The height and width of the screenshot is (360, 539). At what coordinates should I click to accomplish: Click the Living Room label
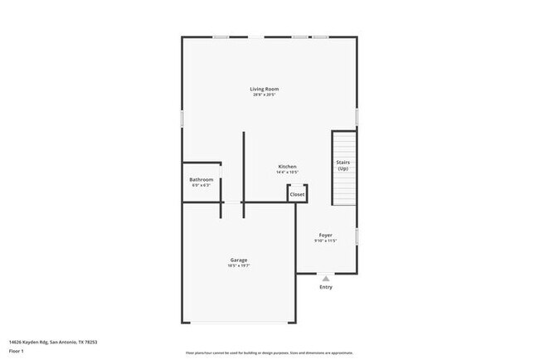tap(265, 89)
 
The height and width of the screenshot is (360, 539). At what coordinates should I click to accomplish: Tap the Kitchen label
tap(287, 167)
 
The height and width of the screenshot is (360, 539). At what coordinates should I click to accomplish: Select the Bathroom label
tap(202, 180)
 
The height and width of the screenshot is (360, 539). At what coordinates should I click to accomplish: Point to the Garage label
tap(239, 260)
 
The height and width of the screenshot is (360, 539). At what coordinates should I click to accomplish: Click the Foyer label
tap(326, 235)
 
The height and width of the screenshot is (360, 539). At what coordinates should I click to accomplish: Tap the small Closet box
tap(297, 194)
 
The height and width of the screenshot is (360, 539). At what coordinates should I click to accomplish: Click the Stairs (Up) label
tap(342, 164)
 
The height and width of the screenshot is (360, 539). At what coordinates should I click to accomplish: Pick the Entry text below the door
tap(326, 287)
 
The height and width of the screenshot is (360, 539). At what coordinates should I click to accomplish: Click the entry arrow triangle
tap(326, 279)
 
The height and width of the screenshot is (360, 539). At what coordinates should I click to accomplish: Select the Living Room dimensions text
tap(265, 95)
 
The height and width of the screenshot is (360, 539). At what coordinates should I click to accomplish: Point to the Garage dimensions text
tap(239, 266)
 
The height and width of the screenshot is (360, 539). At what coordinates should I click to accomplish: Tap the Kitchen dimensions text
tap(287, 173)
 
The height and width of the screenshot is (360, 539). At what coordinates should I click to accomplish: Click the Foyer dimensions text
tap(326, 241)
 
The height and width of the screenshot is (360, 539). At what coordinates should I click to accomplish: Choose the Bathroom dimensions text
tap(202, 186)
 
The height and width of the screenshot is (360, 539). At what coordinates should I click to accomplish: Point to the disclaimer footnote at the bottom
tap(269, 352)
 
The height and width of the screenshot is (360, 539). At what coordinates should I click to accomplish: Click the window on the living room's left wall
tap(182, 119)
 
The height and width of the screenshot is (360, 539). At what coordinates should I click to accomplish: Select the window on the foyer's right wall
tap(357, 236)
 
